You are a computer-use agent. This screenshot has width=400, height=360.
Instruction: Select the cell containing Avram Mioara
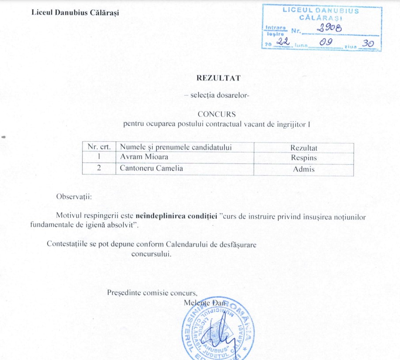coord(138,157)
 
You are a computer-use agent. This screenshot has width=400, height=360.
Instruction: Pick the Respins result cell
coord(304,157)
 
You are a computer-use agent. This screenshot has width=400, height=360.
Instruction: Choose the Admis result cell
coord(304,169)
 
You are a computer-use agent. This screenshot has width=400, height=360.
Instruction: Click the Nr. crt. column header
coord(99,147)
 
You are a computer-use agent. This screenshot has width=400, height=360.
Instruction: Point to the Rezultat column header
coord(304,148)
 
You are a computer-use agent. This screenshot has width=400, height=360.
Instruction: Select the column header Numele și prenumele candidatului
coord(176,147)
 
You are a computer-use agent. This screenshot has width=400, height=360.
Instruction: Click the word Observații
coord(74,197)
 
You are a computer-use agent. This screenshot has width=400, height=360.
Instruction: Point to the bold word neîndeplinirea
coord(156,216)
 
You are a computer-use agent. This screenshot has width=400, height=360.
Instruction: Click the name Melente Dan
coord(204,303)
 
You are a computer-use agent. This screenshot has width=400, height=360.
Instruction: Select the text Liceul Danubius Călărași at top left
coord(75,11)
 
